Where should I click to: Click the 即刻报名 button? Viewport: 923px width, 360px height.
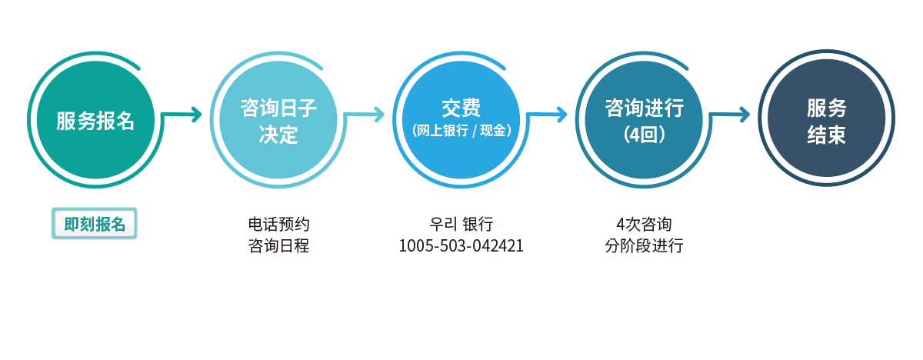(x=95, y=224)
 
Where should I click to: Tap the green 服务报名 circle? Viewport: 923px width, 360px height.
(x=95, y=120)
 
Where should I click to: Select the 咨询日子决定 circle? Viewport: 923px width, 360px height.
(x=278, y=120)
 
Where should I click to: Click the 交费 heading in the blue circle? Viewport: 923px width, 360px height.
(x=461, y=108)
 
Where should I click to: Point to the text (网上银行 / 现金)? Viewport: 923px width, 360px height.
(x=461, y=131)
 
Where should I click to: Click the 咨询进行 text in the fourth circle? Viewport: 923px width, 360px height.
(x=644, y=108)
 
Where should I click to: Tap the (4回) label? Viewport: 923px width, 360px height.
(x=644, y=135)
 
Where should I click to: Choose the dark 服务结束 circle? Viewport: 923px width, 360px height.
(x=827, y=118)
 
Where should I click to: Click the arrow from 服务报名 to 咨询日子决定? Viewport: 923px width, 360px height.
(x=182, y=115)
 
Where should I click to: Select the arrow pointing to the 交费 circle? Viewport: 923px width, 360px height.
(x=365, y=115)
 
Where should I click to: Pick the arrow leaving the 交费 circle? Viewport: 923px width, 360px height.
(x=547, y=115)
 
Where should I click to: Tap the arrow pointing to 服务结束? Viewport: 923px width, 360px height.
(x=729, y=115)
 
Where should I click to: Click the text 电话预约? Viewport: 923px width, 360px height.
(x=278, y=225)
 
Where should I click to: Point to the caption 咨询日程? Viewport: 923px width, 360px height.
(x=278, y=246)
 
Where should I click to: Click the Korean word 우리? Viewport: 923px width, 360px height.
(x=443, y=225)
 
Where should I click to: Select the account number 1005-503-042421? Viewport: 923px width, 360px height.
(x=461, y=246)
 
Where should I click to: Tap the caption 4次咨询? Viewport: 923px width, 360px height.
(x=644, y=225)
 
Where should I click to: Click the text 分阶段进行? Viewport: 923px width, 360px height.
(x=644, y=246)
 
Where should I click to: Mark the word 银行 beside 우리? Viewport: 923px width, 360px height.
(x=478, y=225)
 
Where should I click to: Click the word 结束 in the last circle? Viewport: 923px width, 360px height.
(x=827, y=135)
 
